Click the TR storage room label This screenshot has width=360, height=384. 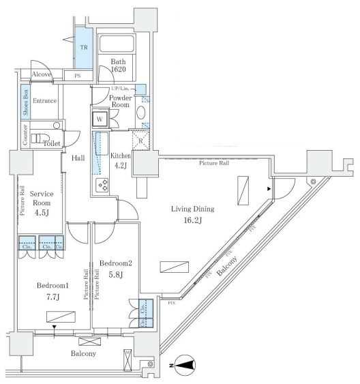click(84, 48)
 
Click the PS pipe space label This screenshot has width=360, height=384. click(77, 76)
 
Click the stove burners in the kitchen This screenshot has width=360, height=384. click(104, 184)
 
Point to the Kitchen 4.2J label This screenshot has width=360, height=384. click(121, 160)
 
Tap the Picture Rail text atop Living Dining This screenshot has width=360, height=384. click(214, 164)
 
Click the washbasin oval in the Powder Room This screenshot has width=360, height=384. click(141, 113)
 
